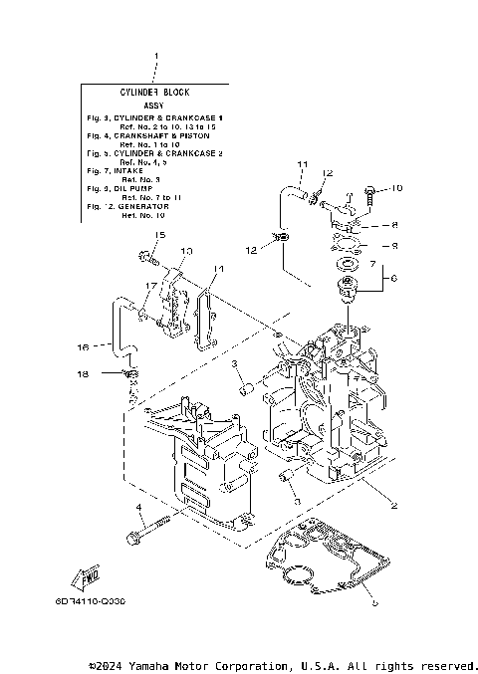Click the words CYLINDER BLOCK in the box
[154, 91]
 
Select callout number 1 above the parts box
[154, 56]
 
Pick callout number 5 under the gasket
[374, 601]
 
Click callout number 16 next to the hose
[85, 346]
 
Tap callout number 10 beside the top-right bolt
[396, 188]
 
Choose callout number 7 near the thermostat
[372, 266]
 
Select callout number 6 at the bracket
[393, 280]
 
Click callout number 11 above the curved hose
[302, 163]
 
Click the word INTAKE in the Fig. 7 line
[130, 170]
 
